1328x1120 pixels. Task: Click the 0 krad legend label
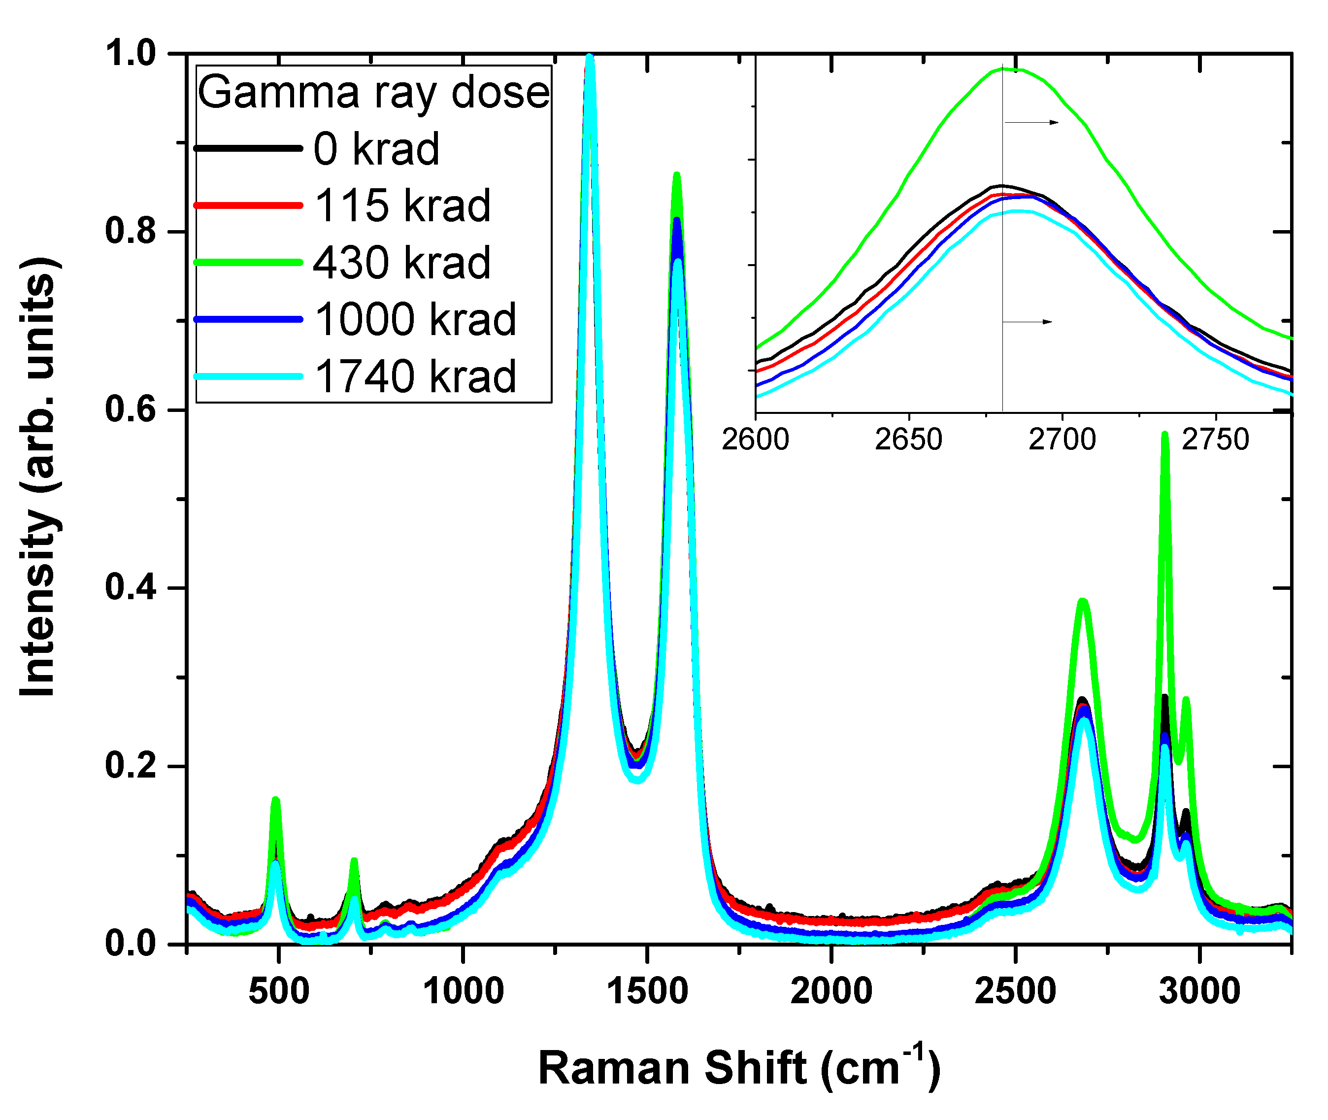(x=376, y=150)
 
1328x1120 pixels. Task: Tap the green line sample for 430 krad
(x=248, y=262)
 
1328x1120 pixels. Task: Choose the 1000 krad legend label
(x=415, y=319)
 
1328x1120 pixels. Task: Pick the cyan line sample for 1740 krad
(x=248, y=376)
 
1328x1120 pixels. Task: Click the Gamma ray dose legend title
(x=373, y=93)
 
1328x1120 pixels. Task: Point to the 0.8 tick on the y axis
(x=130, y=232)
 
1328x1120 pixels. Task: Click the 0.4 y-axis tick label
(x=130, y=588)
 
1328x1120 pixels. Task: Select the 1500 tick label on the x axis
(x=647, y=991)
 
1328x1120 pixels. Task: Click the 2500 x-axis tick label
(x=1015, y=991)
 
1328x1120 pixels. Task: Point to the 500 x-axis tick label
(x=279, y=991)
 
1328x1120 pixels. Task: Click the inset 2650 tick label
(x=908, y=440)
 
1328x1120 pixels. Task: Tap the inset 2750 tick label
(x=1215, y=440)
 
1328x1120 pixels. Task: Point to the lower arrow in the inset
(x=1027, y=322)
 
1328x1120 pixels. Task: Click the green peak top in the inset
(x=1009, y=69)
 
